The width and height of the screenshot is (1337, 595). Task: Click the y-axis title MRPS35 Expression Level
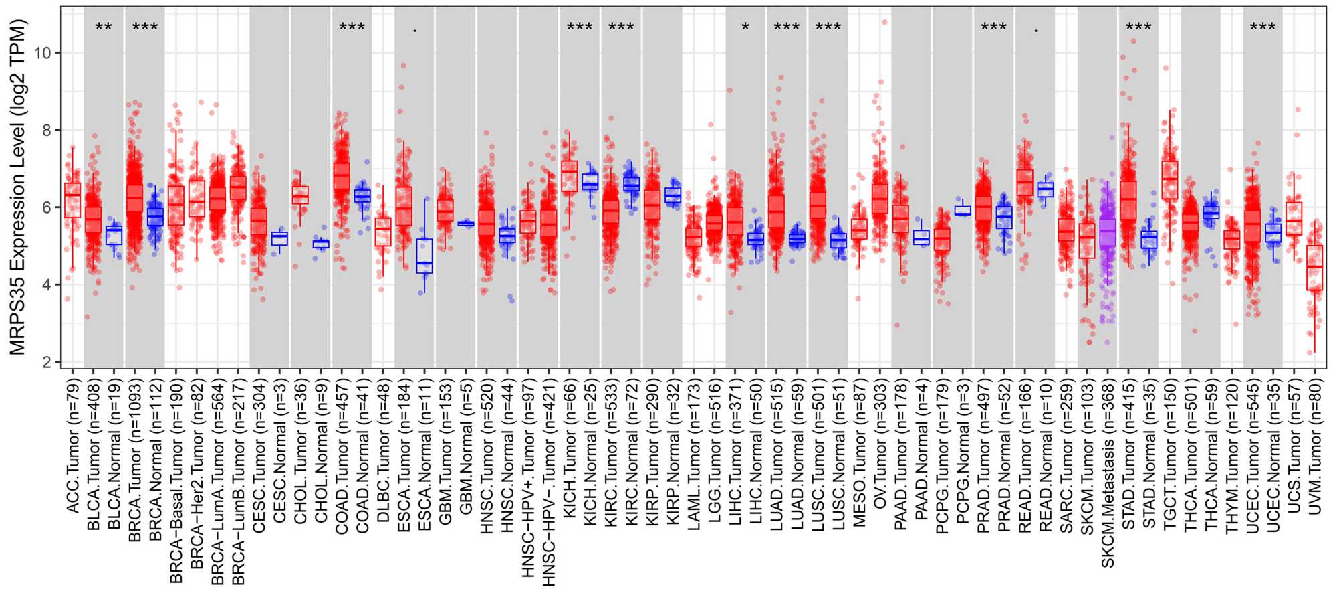pos(18,187)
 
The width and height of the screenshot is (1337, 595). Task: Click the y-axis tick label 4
pos(47,285)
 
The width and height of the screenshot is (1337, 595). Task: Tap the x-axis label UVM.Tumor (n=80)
pos(1315,444)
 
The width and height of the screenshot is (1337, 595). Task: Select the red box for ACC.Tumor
pos(72,200)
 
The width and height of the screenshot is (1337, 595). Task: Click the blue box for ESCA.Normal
pos(424,256)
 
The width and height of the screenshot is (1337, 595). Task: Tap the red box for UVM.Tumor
pos(1315,268)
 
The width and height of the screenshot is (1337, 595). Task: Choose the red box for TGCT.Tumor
pos(1170,179)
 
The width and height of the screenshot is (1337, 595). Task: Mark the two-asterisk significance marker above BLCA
pos(104,27)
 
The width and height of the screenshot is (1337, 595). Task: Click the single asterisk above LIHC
pos(745,27)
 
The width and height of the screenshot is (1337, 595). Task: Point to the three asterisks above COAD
pos(352,27)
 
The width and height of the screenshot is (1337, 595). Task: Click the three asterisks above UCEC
pos(1263,27)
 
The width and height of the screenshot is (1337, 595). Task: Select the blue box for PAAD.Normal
pos(921,238)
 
